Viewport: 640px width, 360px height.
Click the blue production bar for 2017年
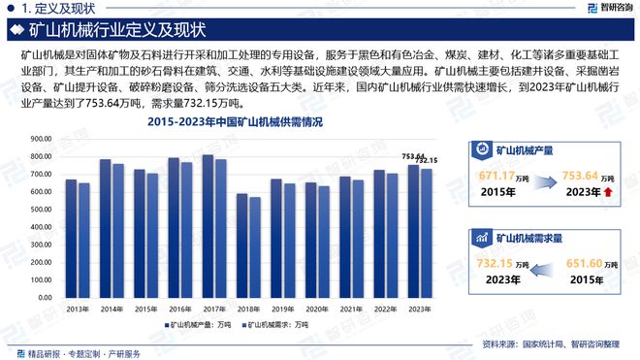coord(208,233)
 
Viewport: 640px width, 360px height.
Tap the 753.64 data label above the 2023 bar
coord(413,155)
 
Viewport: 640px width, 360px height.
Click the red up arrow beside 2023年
coord(607,193)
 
